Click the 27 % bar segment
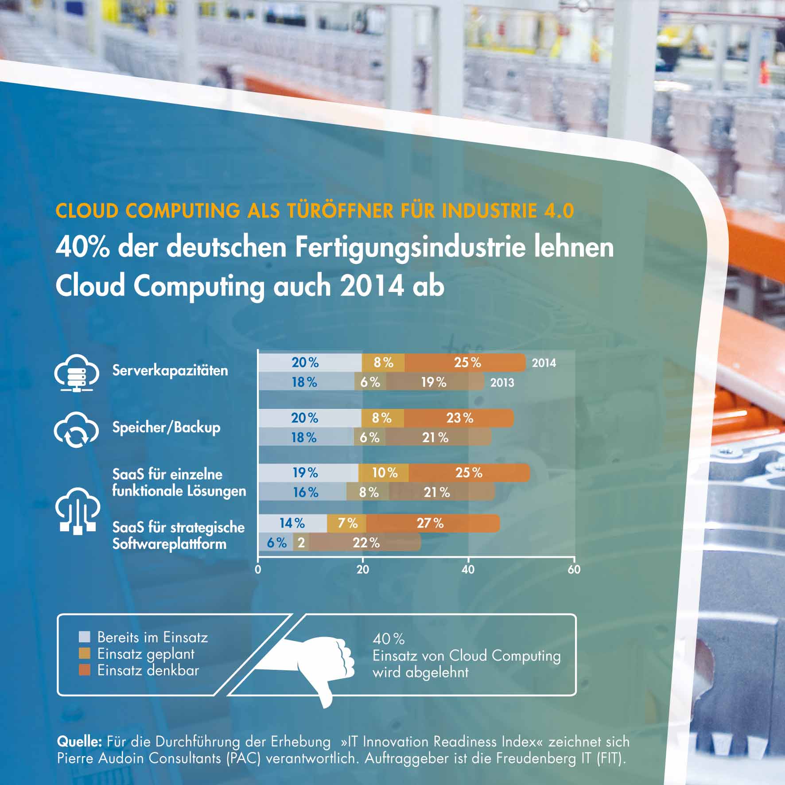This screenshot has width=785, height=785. (432, 523)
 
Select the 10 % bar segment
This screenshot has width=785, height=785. (384, 473)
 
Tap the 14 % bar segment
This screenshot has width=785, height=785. (292, 523)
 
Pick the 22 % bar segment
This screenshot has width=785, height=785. (365, 543)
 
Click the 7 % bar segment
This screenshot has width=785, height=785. (347, 523)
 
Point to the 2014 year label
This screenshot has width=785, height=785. (544, 363)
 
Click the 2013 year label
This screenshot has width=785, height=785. (502, 382)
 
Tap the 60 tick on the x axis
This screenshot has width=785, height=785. (574, 569)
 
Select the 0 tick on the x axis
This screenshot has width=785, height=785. (258, 569)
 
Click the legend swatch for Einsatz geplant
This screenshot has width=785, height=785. (85, 653)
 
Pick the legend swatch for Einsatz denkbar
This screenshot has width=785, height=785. (85, 670)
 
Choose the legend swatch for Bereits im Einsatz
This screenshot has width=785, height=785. (85, 637)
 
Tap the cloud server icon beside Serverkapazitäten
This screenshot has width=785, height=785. (77, 373)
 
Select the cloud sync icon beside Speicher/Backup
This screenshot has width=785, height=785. (76, 429)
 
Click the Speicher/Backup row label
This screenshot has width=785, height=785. (166, 427)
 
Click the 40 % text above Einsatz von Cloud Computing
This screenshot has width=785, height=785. (389, 639)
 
